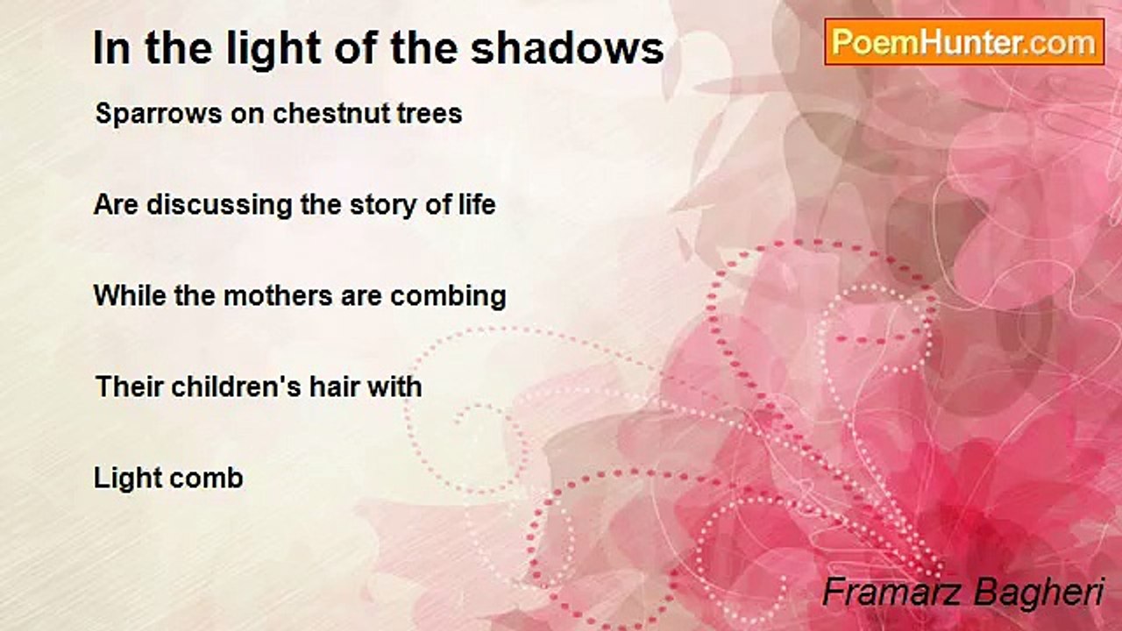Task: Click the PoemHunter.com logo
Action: click(x=964, y=42)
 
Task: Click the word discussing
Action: click(x=219, y=205)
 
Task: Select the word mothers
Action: click(x=278, y=295)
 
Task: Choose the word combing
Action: click(x=448, y=296)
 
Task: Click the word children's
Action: click(x=236, y=386)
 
